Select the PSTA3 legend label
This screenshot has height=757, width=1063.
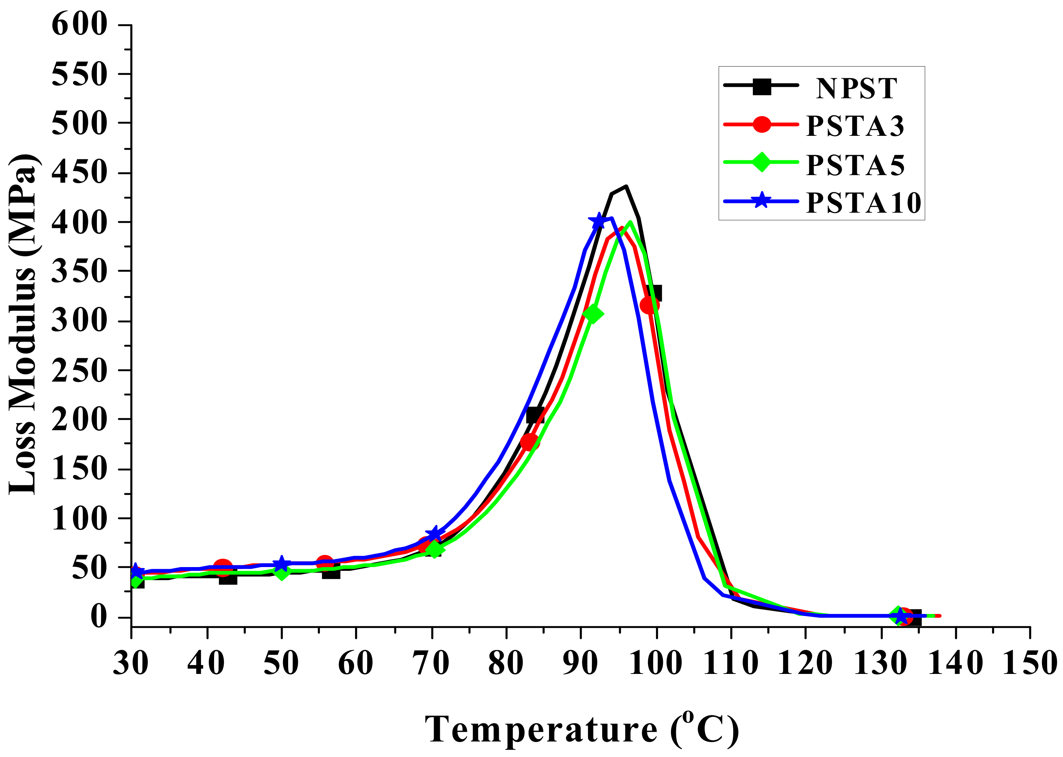(x=855, y=126)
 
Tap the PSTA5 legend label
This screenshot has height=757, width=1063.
(x=855, y=165)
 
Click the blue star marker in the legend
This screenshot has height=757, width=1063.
(x=761, y=201)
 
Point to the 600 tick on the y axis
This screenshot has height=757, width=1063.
(x=79, y=24)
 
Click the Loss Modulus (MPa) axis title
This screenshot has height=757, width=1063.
(x=23, y=324)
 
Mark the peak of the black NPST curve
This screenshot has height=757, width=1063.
(x=626, y=186)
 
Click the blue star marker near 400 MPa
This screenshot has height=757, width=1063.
(x=599, y=221)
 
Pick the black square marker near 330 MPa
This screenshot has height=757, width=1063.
(x=654, y=293)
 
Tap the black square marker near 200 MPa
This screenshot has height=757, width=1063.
(x=535, y=414)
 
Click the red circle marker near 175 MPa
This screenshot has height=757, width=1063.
(x=529, y=442)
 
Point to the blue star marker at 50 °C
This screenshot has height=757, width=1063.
(x=281, y=564)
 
